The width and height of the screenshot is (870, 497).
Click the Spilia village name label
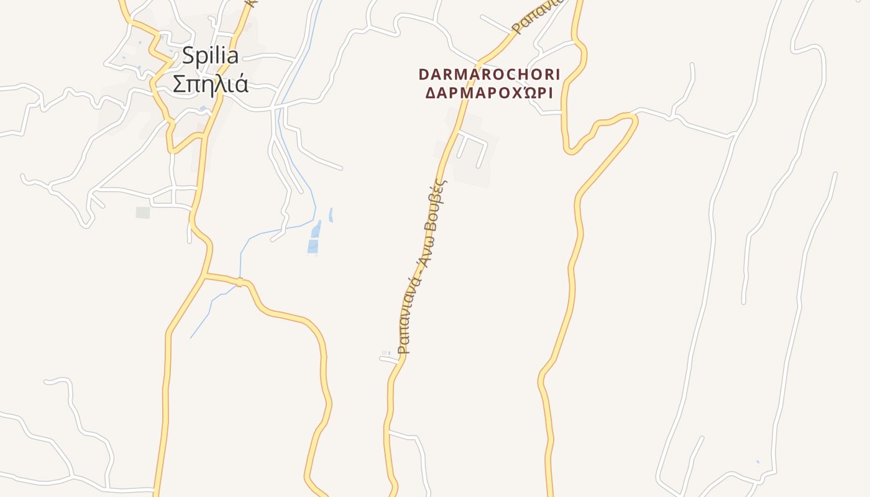coord(210,56)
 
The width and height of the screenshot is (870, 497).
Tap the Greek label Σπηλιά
coord(210,84)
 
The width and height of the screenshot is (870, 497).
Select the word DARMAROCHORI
coord(489,75)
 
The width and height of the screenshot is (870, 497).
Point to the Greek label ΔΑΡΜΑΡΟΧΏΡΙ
coord(489,93)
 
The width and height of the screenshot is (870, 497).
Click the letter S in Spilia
coord(188,56)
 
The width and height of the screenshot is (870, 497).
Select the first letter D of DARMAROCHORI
coord(424,75)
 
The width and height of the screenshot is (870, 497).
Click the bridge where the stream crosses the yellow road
coord(239,282)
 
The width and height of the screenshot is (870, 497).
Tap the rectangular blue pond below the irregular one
coord(313,247)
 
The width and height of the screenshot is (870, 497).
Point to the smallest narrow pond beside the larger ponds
coord(331,215)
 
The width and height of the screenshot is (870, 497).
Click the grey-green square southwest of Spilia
coord(143,212)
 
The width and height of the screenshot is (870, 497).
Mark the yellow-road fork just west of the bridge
coord(205,274)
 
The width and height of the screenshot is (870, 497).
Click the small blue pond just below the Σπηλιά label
coord(203,109)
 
